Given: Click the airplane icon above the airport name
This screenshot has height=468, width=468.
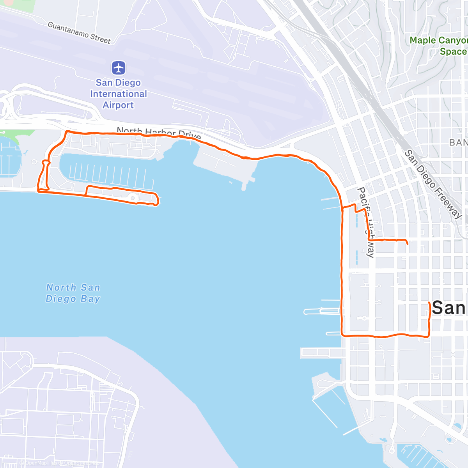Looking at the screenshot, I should pyautogui.click(x=119, y=68).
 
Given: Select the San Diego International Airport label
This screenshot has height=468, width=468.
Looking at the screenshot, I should pyautogui.click(x=118, y=94).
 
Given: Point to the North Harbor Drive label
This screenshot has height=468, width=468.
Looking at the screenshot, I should pyautogui.click(x=159, y=133).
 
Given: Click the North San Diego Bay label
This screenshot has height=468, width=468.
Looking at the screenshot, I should pyautogui.click(x=73, y=293).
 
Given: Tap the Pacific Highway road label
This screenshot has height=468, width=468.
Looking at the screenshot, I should pyautogui.click(x=366, y=222).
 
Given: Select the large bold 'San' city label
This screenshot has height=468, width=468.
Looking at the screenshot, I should pyautogui.click(x=448, y=308).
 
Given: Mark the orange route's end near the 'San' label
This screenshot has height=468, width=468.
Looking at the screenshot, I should pyautogui.click(x=429, y=302).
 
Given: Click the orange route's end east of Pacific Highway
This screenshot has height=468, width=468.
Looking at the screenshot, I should pyautogui.click(x=408, y=244).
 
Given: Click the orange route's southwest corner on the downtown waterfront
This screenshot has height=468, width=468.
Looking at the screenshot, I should pyautogui.click(x=342, y=335).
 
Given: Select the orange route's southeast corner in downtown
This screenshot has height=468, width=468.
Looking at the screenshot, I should pyautogui.click(x=429, y=336).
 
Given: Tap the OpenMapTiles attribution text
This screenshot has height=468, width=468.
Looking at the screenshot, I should pyautogui.click(x=39, y=463).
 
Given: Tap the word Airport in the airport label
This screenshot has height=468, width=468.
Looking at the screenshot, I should pyautogui.click(x=118, y=105).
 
